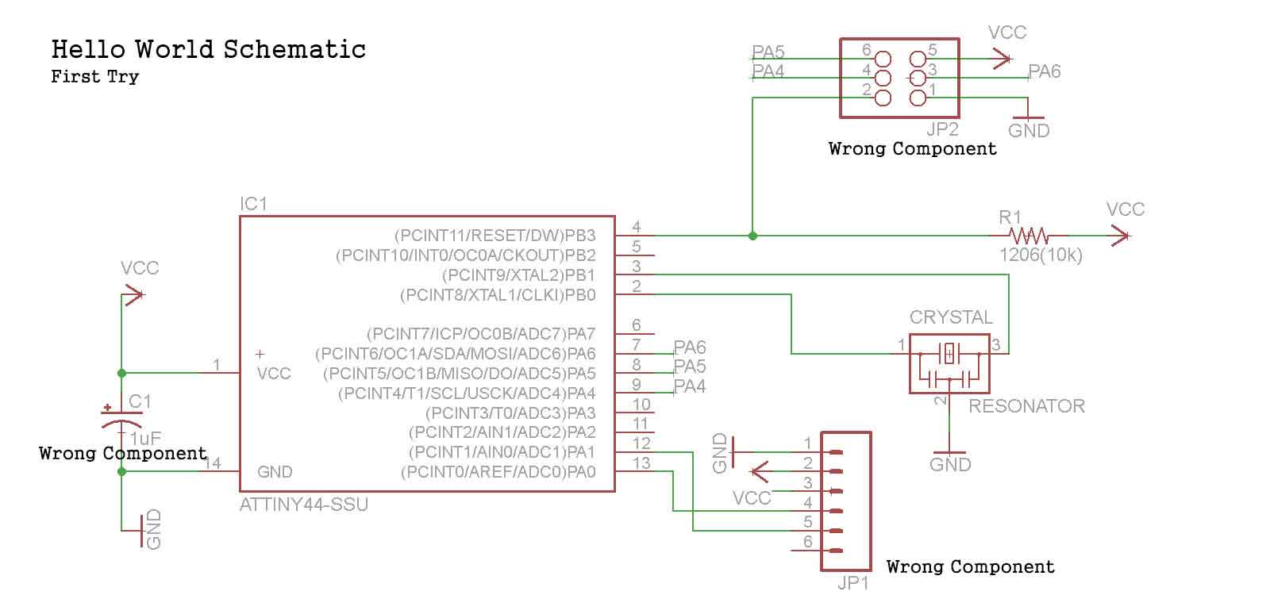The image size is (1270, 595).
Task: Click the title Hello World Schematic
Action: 208,49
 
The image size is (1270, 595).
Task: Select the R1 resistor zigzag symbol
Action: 1029,236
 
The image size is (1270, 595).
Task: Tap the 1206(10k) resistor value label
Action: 1041,255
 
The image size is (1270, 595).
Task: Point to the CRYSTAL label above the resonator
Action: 951,317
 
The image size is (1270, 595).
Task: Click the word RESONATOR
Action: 1026,406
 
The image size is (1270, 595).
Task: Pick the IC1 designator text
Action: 254,204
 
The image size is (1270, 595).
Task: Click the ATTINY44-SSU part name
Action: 304,505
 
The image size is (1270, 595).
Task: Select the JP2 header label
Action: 942,129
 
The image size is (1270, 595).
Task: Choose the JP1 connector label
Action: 853,583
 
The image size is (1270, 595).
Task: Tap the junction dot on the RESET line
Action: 752,236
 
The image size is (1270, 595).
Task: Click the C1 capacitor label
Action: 140,401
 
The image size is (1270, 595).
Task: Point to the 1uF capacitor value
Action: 145,438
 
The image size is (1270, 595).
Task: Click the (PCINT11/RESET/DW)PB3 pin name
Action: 495,236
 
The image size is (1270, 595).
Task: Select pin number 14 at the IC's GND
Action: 213,463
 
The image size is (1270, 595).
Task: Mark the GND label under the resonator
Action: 950,464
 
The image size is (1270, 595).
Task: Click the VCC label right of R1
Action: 1126,209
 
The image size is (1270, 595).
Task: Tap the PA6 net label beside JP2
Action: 1045,71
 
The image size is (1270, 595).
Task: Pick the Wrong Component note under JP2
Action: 912,148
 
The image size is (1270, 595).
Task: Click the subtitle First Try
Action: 94,77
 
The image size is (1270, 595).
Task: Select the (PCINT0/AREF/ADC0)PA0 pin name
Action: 498,472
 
